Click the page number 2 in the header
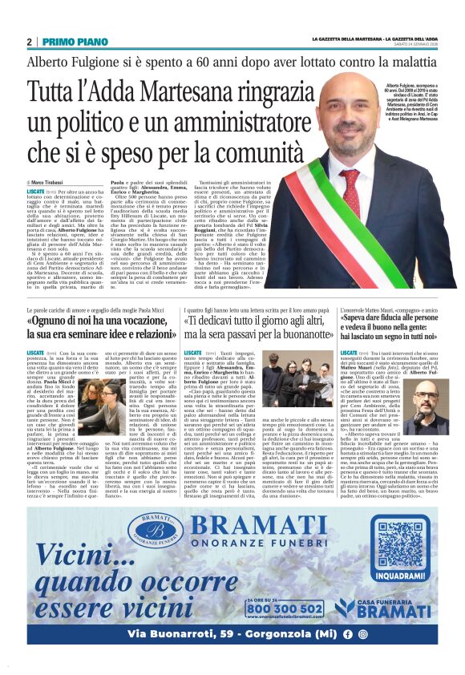point(29,41)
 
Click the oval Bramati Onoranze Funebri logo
point(154,532)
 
